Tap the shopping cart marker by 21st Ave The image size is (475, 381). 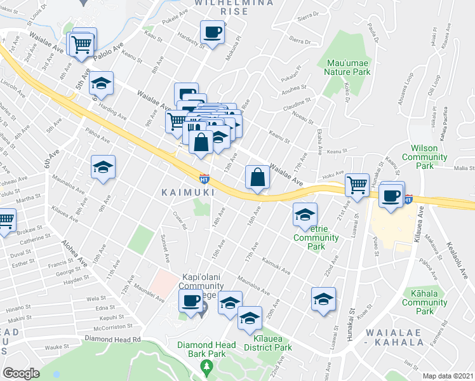(357, 185)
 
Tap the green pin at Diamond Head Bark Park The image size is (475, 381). (206, 366)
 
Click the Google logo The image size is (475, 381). (21, 373)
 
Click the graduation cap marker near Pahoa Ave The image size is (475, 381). (103, 168)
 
